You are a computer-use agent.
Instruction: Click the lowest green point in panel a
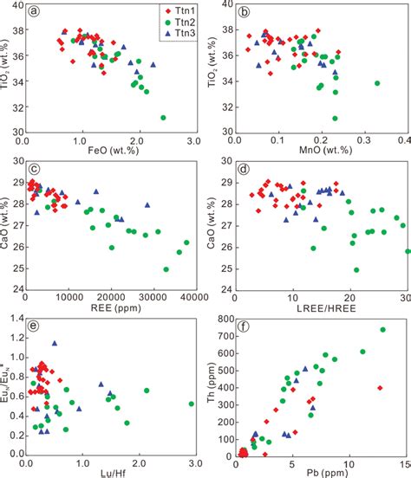(x=162, y=117)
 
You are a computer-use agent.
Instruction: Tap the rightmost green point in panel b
(x=377, y=83)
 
